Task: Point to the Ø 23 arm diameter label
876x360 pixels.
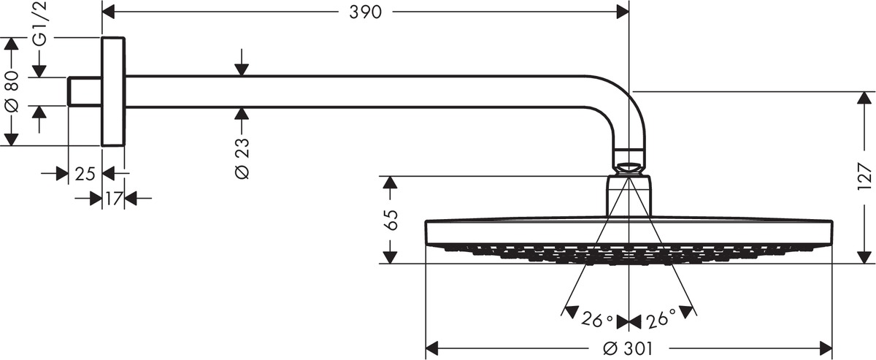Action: [242, 158]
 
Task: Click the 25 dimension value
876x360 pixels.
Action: [85, 174]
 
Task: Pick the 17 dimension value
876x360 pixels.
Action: [113, 198]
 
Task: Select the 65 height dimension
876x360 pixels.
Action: [391, 220]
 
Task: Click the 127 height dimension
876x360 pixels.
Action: [865, 177]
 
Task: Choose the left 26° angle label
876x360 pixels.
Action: [597, 320]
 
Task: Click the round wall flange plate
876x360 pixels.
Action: [113, 91]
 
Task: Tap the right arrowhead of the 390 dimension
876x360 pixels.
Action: [622, 12]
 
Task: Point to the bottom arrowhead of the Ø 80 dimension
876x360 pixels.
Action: [10, 139]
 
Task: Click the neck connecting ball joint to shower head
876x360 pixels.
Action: [629, 194]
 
